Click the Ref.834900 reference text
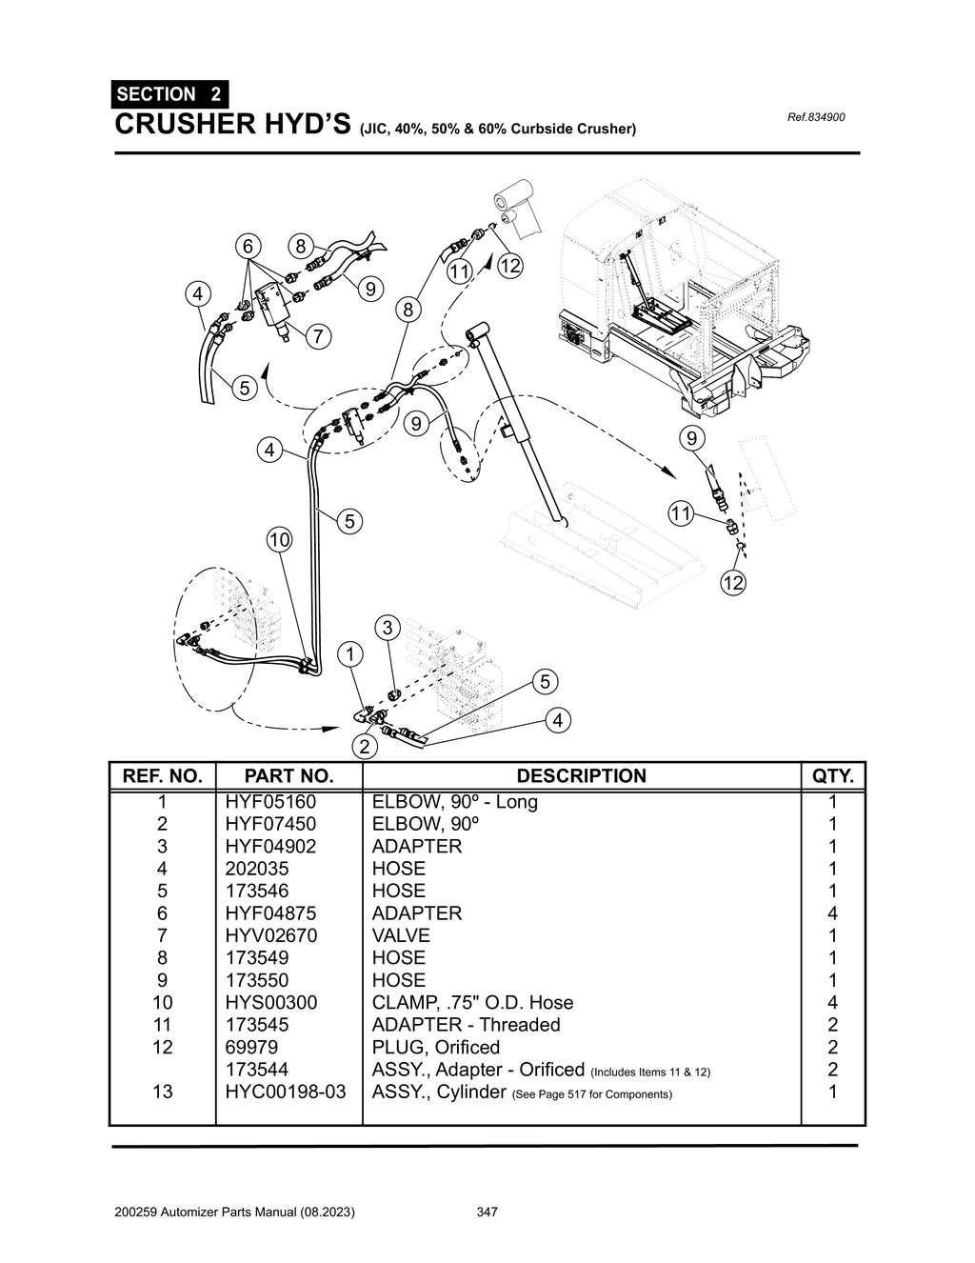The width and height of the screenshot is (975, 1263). point(816,118)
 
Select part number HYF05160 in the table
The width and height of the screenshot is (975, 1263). point(270,802)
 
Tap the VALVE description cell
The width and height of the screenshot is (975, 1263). point(401,935)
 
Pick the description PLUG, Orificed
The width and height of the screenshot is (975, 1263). point(435,1047)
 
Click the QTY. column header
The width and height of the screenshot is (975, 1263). point(834,775)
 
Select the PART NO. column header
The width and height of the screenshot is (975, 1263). point(289,775)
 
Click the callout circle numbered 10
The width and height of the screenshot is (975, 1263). point(278,540)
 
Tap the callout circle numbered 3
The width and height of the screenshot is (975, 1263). point(388,628)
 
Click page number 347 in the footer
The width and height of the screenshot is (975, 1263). point(487,1213)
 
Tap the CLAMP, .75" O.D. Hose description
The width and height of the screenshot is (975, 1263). point(472,1002)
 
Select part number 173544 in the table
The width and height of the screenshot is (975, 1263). point(256,1070)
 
